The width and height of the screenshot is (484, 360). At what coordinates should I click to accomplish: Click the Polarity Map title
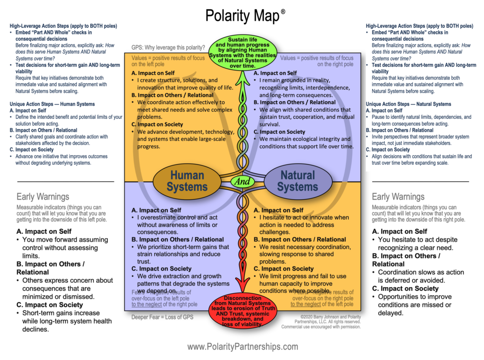(242, 16)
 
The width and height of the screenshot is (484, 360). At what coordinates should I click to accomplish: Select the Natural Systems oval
(297, 181)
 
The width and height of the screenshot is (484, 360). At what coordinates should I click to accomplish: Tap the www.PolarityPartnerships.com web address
(242, 347)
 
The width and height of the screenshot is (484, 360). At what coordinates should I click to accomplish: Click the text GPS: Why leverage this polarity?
(168, 48)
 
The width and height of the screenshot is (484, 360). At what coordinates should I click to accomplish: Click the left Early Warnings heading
(43, 196)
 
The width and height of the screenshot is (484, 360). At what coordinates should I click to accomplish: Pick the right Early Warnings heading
(398, 196)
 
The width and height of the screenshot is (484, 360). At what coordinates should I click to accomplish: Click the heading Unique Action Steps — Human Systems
(52, 104)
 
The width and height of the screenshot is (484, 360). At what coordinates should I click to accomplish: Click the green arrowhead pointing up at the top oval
(242, 77)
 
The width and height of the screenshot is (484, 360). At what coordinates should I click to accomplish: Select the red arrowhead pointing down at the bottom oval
(242, 288)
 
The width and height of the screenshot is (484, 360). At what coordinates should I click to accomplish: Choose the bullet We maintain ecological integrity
(305, 142)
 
